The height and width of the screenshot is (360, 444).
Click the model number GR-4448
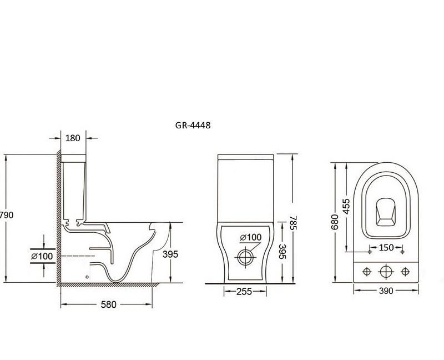coord(193,126)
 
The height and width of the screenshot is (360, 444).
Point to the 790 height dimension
coord(6,215)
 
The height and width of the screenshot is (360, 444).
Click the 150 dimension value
coord(387,247)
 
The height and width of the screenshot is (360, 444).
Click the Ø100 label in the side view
coord(42,256)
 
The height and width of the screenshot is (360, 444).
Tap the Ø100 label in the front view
coord(251,237)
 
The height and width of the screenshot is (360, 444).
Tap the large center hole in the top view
coord(385,271)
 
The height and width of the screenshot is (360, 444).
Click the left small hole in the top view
coord(366,271)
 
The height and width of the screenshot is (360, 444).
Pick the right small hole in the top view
coord(405,271)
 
